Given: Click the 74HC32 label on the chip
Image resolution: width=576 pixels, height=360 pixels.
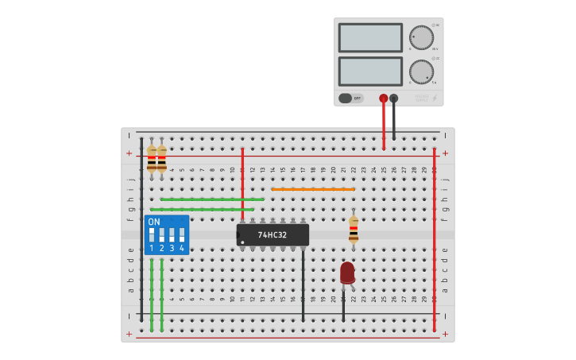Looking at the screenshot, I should [x=274, y=235].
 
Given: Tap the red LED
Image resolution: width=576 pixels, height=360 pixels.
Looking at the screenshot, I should [x=347, y=273].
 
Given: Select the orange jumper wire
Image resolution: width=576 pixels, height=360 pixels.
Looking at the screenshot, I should [x=313, y=189].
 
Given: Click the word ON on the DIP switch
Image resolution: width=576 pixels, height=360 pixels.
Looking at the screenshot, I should [x=154, y=223].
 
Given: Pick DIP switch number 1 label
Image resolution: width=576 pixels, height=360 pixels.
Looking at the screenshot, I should [x=152, y=249].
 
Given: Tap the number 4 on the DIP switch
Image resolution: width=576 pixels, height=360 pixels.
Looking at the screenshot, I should [x=182, y=249].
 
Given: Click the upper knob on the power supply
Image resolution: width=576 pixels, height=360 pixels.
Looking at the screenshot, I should [x=421, y=37].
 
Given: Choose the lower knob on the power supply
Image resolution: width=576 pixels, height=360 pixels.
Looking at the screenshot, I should [x=421, y=72].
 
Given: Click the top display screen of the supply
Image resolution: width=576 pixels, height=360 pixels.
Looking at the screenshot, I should [x=370, y=37].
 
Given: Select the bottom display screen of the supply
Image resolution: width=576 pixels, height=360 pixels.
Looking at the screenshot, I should [x=370, y=71].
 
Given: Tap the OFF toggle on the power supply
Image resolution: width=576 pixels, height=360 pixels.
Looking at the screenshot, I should [x=350, y=99].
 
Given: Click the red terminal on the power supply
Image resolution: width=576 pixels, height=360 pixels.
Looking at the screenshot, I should [x=384, y=99].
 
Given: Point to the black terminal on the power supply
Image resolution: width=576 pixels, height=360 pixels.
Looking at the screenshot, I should [x=394, y=99].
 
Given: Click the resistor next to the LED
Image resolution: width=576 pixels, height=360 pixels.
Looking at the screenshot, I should [x=354, y=230].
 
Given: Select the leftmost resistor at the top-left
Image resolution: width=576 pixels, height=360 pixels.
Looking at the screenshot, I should [x=152, y=158].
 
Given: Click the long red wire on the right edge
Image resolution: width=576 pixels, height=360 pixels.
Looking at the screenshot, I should [x=435, y=238].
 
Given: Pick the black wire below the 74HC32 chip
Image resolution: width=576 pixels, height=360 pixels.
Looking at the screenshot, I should [x=303, y=286].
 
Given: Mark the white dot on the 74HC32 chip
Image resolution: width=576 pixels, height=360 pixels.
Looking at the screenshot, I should [x=242, y=242].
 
